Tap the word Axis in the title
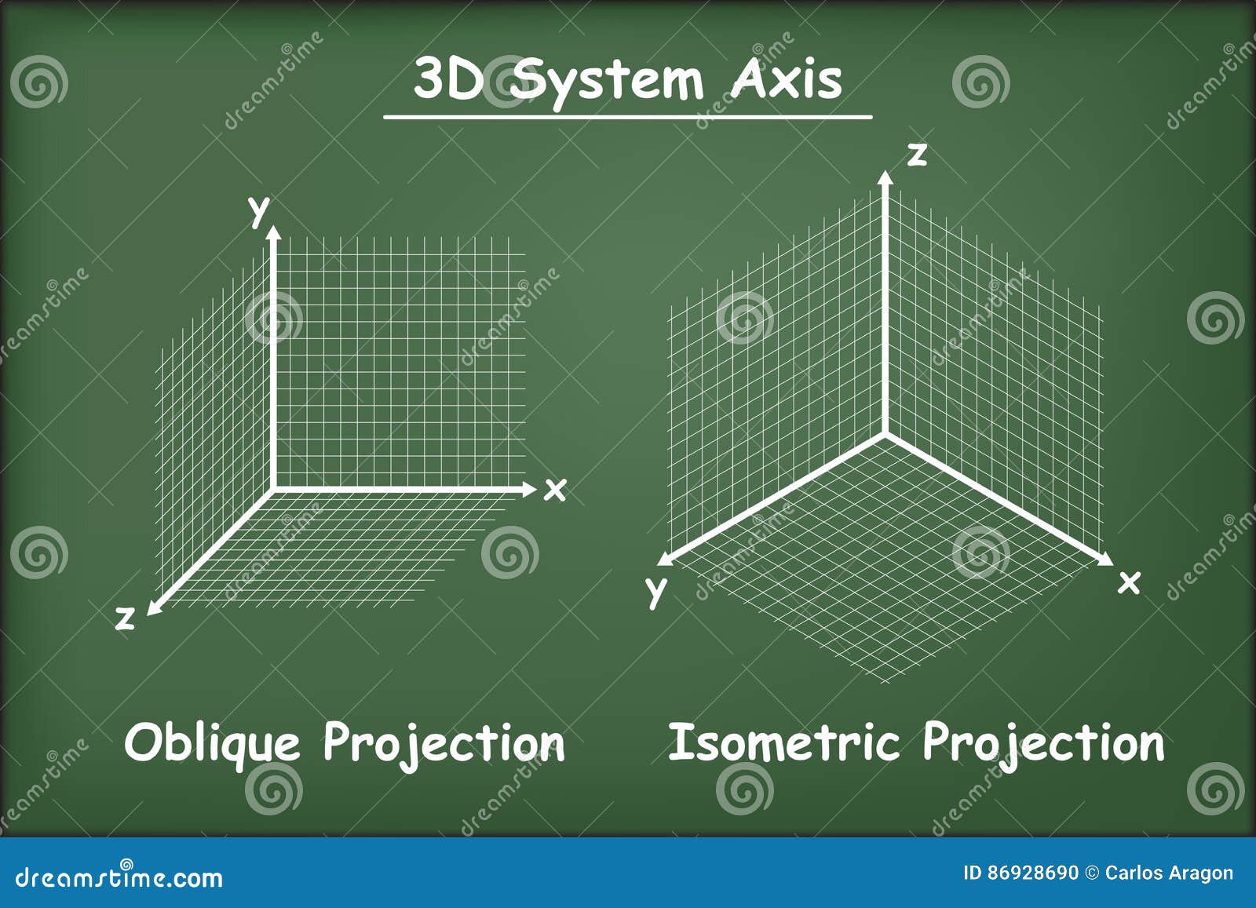click(785, 79)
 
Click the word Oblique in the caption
click(212, 742)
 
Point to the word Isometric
click(783, 742)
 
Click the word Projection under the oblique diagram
click(444, 742)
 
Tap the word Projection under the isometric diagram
click(1043, 742)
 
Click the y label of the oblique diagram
click(258, 210)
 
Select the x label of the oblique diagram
click(555, 490)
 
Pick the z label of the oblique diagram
click(125, 618)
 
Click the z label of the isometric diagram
click(916, 155)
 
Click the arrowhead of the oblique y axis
click(273, 232)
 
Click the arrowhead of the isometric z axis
click(885, 177)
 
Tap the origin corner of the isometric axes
click(885, 433)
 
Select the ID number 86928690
click(1032, 873)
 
